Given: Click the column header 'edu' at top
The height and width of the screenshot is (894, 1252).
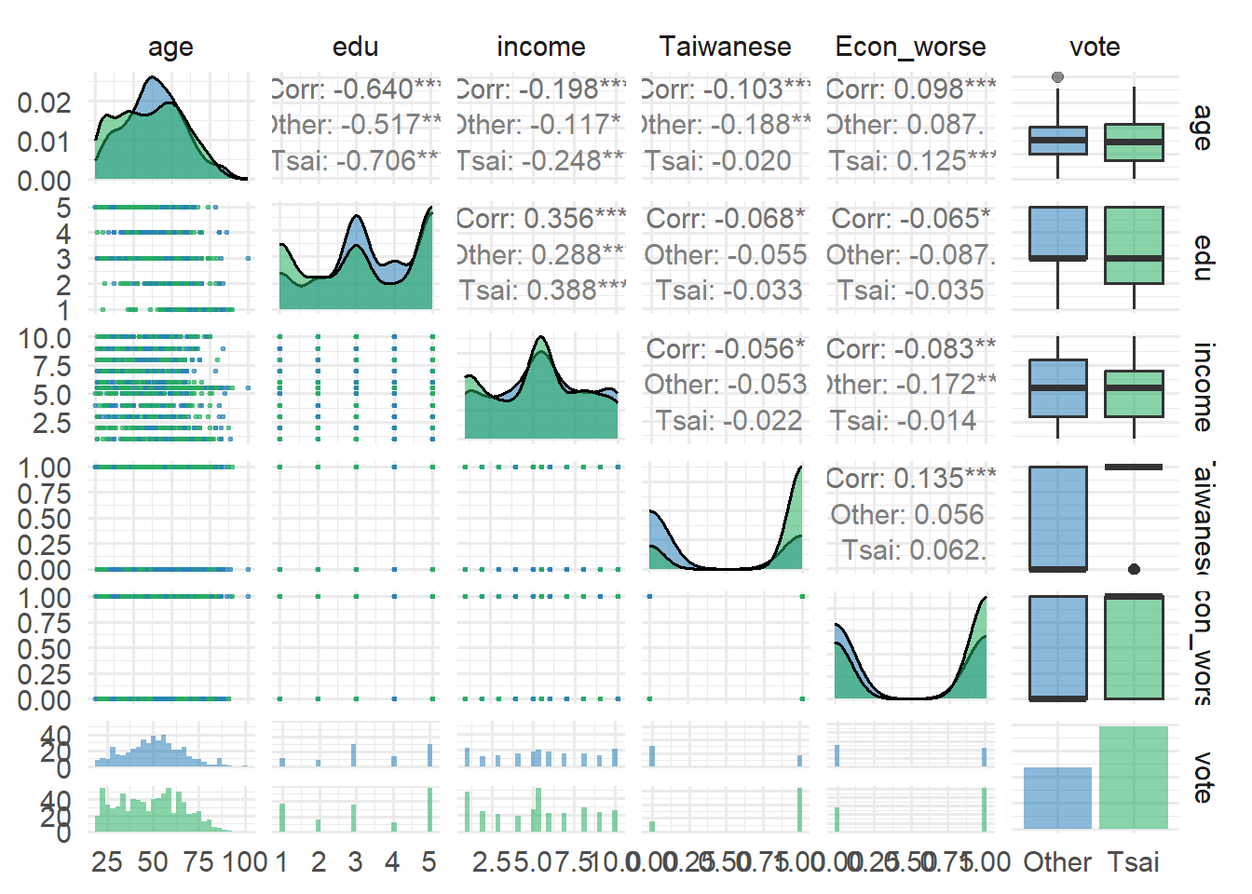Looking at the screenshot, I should tap(355, 47).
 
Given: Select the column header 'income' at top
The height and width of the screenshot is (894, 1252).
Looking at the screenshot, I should tap(540, 47).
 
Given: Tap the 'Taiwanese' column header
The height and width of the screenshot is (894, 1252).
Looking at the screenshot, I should tap(725, 47).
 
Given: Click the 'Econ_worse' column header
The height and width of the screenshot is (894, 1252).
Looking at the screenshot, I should tap(910, 47).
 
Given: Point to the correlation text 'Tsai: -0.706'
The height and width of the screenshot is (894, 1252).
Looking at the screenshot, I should tap(355, 161).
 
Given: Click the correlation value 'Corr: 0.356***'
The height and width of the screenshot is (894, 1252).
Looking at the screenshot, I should tap(541, 219).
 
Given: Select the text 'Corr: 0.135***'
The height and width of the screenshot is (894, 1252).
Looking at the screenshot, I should tap(910, 479).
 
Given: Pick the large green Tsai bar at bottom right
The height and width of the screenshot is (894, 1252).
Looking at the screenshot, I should tap(1134, 778).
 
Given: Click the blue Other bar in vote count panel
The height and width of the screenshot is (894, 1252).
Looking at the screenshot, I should tap(1057, 798).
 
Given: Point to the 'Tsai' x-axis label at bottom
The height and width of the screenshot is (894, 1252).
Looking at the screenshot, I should tap(1134, 862).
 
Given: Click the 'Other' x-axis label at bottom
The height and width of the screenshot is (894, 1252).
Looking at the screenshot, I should tap(1057, 862).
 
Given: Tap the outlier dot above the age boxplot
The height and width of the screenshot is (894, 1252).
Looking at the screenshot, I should tap(1057, 77).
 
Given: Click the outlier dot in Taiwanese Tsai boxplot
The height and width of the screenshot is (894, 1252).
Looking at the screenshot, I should tap(1134, 569).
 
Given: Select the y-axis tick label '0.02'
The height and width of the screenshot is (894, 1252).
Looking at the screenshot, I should tap(44, 102).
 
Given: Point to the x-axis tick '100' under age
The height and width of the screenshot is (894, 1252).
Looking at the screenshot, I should tap(245, 862).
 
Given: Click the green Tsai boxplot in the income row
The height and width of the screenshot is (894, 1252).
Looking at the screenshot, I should tap(1134, 393).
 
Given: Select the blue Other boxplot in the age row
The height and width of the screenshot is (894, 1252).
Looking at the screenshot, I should tap(1057, 141).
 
